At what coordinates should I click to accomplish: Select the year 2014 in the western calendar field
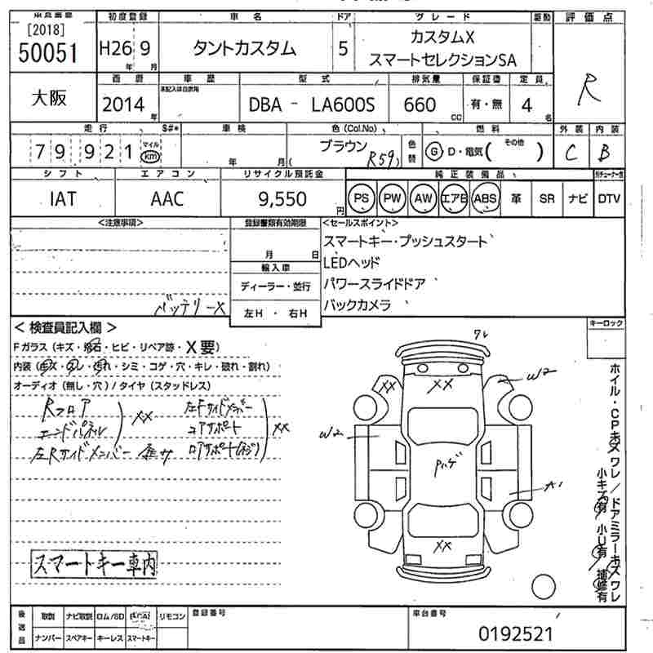coord(123,104)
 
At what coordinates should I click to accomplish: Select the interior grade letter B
coord(605,152)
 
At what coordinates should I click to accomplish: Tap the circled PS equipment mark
coord(360,198)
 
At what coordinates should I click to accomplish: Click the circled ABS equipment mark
coord(485,198)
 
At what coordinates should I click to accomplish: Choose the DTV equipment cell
coord(609,198)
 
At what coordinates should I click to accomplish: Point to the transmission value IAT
coord(62,198)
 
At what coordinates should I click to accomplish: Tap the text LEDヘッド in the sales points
coord(352,263)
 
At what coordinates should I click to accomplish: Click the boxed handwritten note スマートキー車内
coord(94,563)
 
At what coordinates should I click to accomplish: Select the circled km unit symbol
coord(149,155)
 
